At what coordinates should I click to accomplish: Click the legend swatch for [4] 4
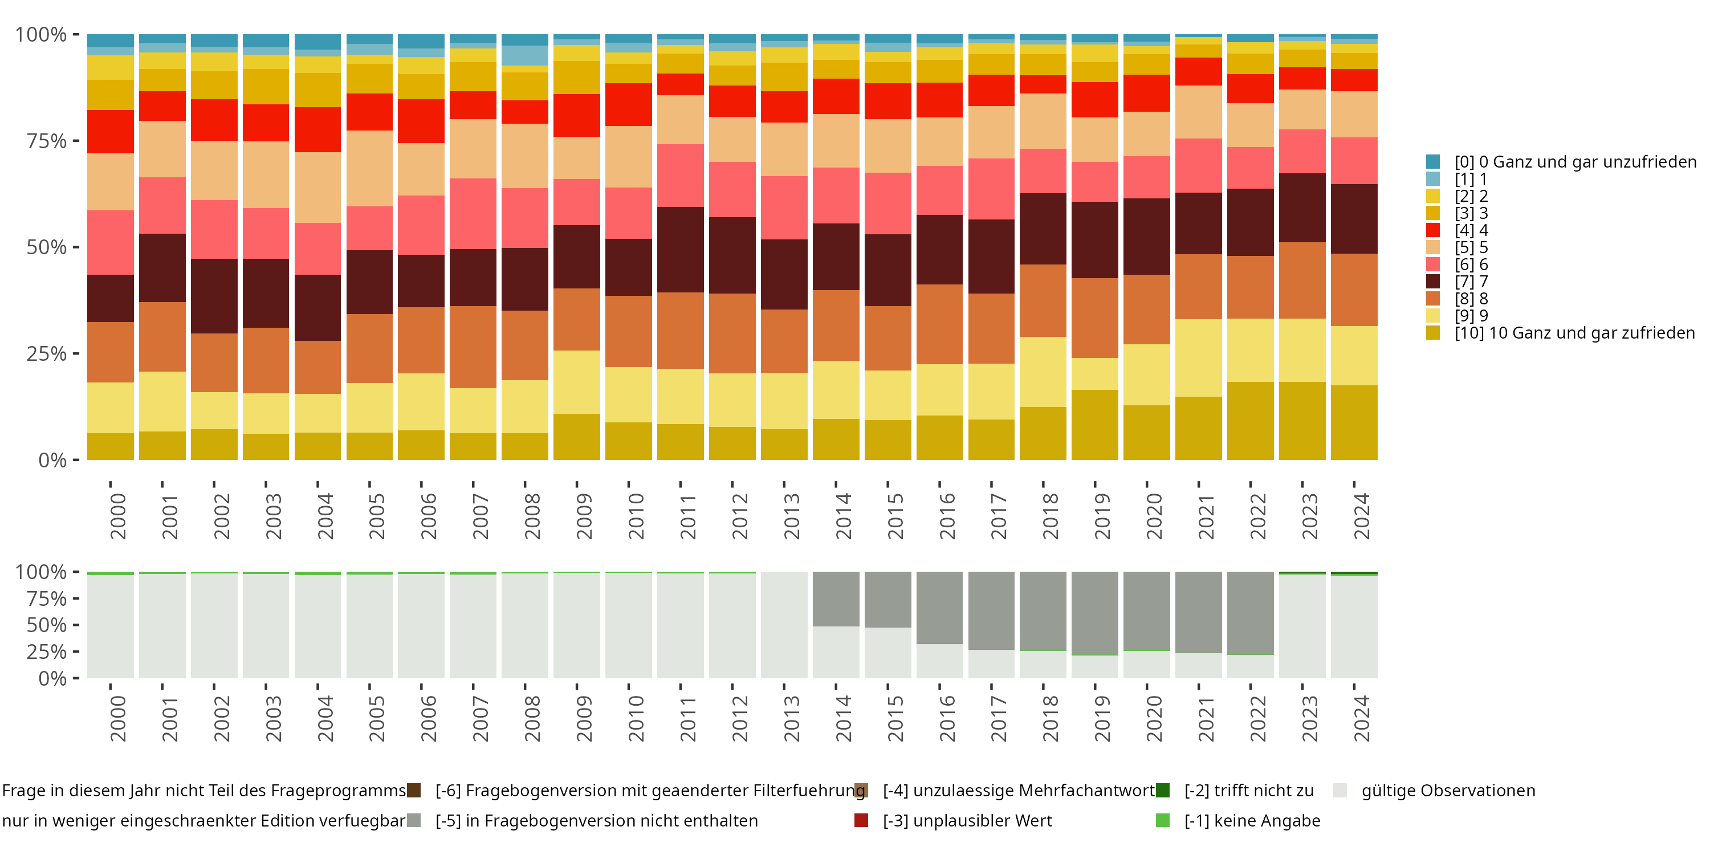(x=1432, y=230)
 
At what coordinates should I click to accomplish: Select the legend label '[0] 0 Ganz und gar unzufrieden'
(x=1574, y=162)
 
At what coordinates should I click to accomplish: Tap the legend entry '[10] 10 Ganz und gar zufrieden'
(x=1574, y=332)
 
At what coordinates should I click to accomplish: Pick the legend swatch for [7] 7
(x=1432, y=282)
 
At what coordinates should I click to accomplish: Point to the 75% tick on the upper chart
(x=75, y=141)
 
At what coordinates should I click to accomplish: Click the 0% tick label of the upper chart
(x=52, y=460)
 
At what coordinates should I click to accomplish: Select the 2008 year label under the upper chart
(x=532, y=516)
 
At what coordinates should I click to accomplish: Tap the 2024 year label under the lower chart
(x=1361, y=719)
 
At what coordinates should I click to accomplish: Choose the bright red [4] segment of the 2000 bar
(x=110, y=132)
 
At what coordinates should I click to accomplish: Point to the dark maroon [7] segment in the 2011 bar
(x=681, y=250)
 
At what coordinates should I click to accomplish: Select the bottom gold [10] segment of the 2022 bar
(x=1250, y=421)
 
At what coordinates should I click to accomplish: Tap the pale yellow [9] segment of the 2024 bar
(x=1354, y=355)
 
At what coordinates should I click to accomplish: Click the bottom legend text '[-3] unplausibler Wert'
(x=967, y=821)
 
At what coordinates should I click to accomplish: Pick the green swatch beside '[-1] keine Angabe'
(x=1162, y=821)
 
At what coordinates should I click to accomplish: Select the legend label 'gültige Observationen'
(x=1448, y=791)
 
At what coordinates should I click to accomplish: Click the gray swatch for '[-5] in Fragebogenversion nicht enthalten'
(x=414, y=821)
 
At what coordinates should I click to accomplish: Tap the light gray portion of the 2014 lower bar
(x=836, y=653)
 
